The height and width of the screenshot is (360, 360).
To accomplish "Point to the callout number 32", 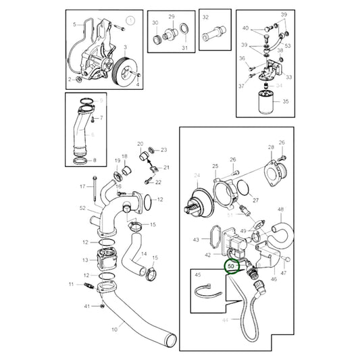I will (206, 16).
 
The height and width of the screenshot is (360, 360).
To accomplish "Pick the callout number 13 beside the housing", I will (85, 259).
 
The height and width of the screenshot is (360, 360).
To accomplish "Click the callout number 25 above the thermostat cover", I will (215, 165).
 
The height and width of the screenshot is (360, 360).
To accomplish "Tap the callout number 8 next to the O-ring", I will (95, 160).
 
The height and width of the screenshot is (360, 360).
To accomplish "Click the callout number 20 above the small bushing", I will (140, 144).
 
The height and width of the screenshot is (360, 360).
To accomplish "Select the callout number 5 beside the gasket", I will (75, 24).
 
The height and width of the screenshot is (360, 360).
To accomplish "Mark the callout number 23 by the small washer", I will (163, 149).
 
